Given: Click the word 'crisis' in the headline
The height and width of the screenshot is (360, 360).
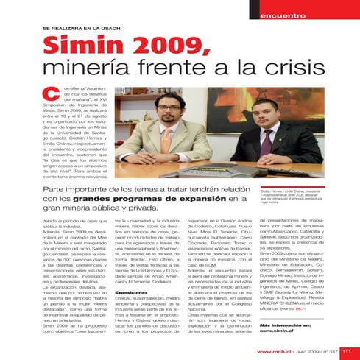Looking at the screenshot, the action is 289,71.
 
